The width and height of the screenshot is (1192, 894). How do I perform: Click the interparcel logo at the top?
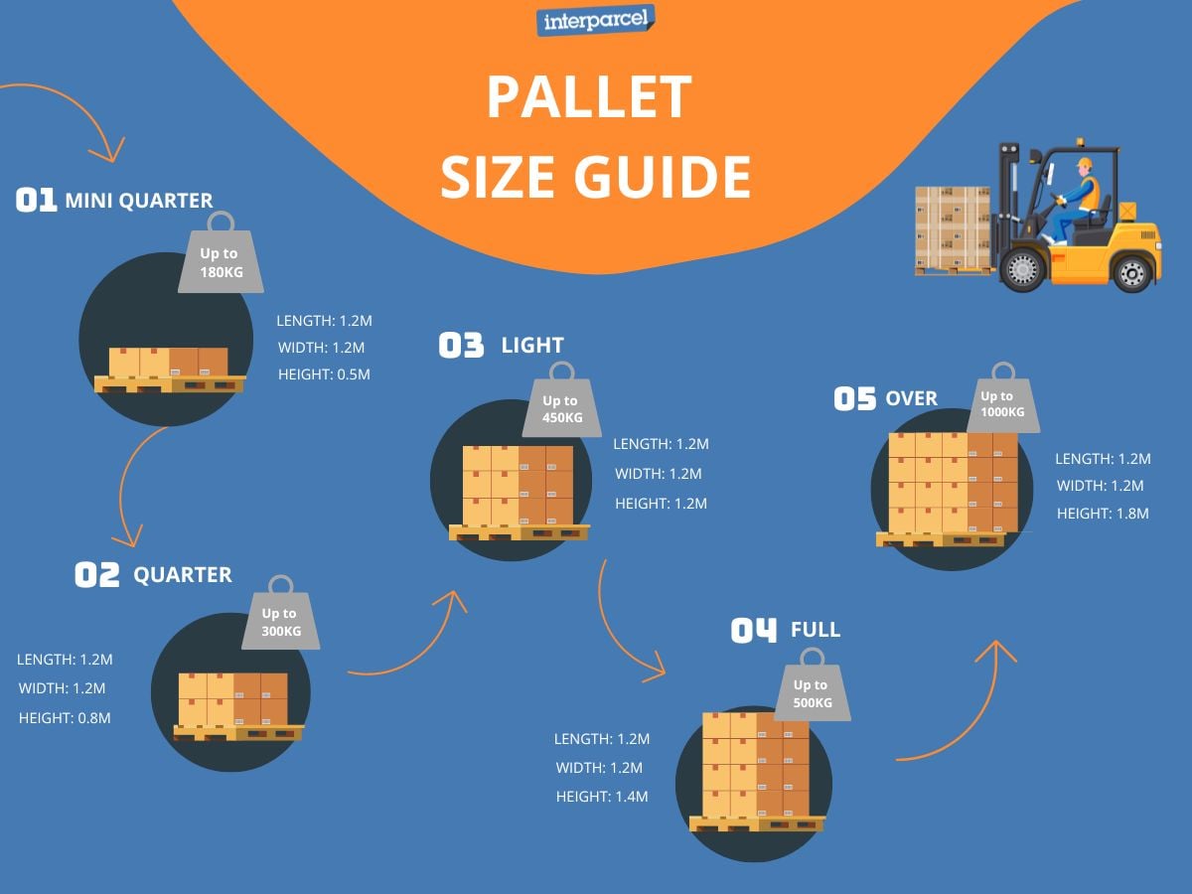pyautogui.click(x=595, y=20)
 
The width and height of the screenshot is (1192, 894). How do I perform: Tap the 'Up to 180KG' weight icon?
pyautogui.click(x=220, y=262)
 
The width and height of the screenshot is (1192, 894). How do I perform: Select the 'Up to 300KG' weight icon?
pyautogui.click(x=280, y=621)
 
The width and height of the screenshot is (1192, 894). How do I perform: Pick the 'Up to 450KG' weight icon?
pyautogui.click(x=562, y=408)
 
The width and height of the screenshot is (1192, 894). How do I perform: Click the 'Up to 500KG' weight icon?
pyautogui.click(x=812, y=692)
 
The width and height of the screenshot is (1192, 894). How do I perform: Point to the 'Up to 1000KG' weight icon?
pyautogui.click(x=1003, y=403)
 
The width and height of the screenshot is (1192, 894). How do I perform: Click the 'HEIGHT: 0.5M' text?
pyautogui.click(x=324, y=374)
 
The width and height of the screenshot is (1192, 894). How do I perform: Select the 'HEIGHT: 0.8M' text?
pyautogui.click(x=65, y=716)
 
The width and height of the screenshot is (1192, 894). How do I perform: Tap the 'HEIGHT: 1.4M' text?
pyautogui.click(x=602, y=796)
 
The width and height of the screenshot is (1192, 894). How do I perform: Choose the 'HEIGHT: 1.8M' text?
pyautogui.click(x=1103, y=514)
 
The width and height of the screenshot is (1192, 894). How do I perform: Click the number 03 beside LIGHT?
pyautogui.click(x=461, y=346)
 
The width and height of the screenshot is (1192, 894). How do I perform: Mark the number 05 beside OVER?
pyautogui.click(x=854, y=399)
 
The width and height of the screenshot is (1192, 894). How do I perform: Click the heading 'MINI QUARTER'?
pyautogui.click(x=139, y=201)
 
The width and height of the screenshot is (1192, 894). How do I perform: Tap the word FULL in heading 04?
pyautogui.click(x=816, y=630)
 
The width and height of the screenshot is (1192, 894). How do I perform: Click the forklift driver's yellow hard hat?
pyautogui.click(x=1083, y=163)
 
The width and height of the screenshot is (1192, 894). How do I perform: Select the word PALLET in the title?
pyautogui.click(x=589, y=97)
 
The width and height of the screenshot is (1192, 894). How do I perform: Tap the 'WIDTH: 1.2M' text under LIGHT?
pyautogui.click(x=659, y=474)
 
